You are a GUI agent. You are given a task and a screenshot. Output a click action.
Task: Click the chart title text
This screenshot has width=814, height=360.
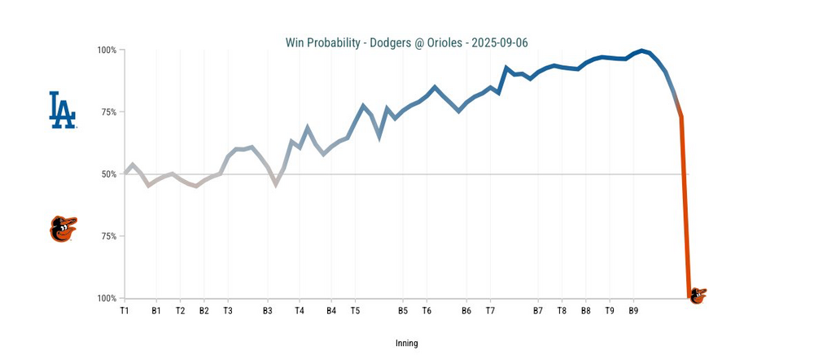[x=406, y=42]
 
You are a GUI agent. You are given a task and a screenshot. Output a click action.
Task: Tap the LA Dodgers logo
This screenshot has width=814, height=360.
[x=63, y=110]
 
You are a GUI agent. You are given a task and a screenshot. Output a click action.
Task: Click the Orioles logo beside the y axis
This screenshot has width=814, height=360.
[x=63, y=229]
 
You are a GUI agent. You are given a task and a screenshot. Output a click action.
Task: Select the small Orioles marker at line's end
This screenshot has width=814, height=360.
[x=697, y=296]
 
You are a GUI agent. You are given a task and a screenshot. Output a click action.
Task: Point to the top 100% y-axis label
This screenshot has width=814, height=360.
[x=107, y=50]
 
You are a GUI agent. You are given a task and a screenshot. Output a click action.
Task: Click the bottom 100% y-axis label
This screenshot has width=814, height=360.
[x=107, y=298]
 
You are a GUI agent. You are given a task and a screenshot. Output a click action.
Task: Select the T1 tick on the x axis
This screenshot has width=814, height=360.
[x=125, y=310]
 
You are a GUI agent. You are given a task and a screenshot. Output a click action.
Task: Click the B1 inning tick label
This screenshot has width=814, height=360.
[x=155, y=310]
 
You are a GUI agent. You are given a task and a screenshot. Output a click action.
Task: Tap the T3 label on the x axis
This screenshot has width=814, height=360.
[x=228, y=310]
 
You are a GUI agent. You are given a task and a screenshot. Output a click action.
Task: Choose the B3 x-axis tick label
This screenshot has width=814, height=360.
[x=268, y=310]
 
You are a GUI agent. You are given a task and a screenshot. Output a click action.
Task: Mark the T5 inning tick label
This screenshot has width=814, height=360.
[x=355, y=310]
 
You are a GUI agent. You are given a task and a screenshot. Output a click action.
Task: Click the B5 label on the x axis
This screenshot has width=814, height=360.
[x=403, y=310]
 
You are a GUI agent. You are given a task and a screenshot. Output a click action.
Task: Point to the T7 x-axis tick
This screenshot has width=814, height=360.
[x=490, y=310]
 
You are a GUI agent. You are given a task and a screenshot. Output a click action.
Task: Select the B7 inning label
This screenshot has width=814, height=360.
[x=538, y=310]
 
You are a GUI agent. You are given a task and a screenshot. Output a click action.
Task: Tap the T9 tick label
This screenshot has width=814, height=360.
[x=610, y=310]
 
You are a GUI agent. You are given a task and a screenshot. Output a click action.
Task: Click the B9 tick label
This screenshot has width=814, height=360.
[x=634, y=310]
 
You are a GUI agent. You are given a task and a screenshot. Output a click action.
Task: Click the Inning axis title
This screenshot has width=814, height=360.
[x=406, y=343]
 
